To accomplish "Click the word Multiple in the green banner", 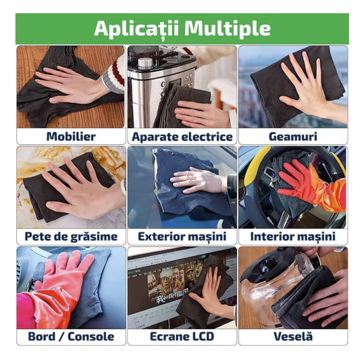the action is click(x=228, y=28).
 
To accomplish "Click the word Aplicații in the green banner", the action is click(x=136, y=28).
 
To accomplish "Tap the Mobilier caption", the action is click(x=71, y=136).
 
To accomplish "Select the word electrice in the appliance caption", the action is click(x=207, y=137).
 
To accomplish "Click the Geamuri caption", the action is click(x=293, y=136).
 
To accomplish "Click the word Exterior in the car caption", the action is click(x=160, y=236).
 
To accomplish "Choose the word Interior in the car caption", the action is click(x=269, y=236).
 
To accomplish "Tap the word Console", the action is click(x=91, y=337).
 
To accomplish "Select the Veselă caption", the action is click(x=293, y=336).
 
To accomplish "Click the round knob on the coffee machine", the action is click(x=145, y=63).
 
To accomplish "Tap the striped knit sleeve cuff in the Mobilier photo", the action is click(x=114, y=73).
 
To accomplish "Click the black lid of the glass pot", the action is click(x=267, y=264).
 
